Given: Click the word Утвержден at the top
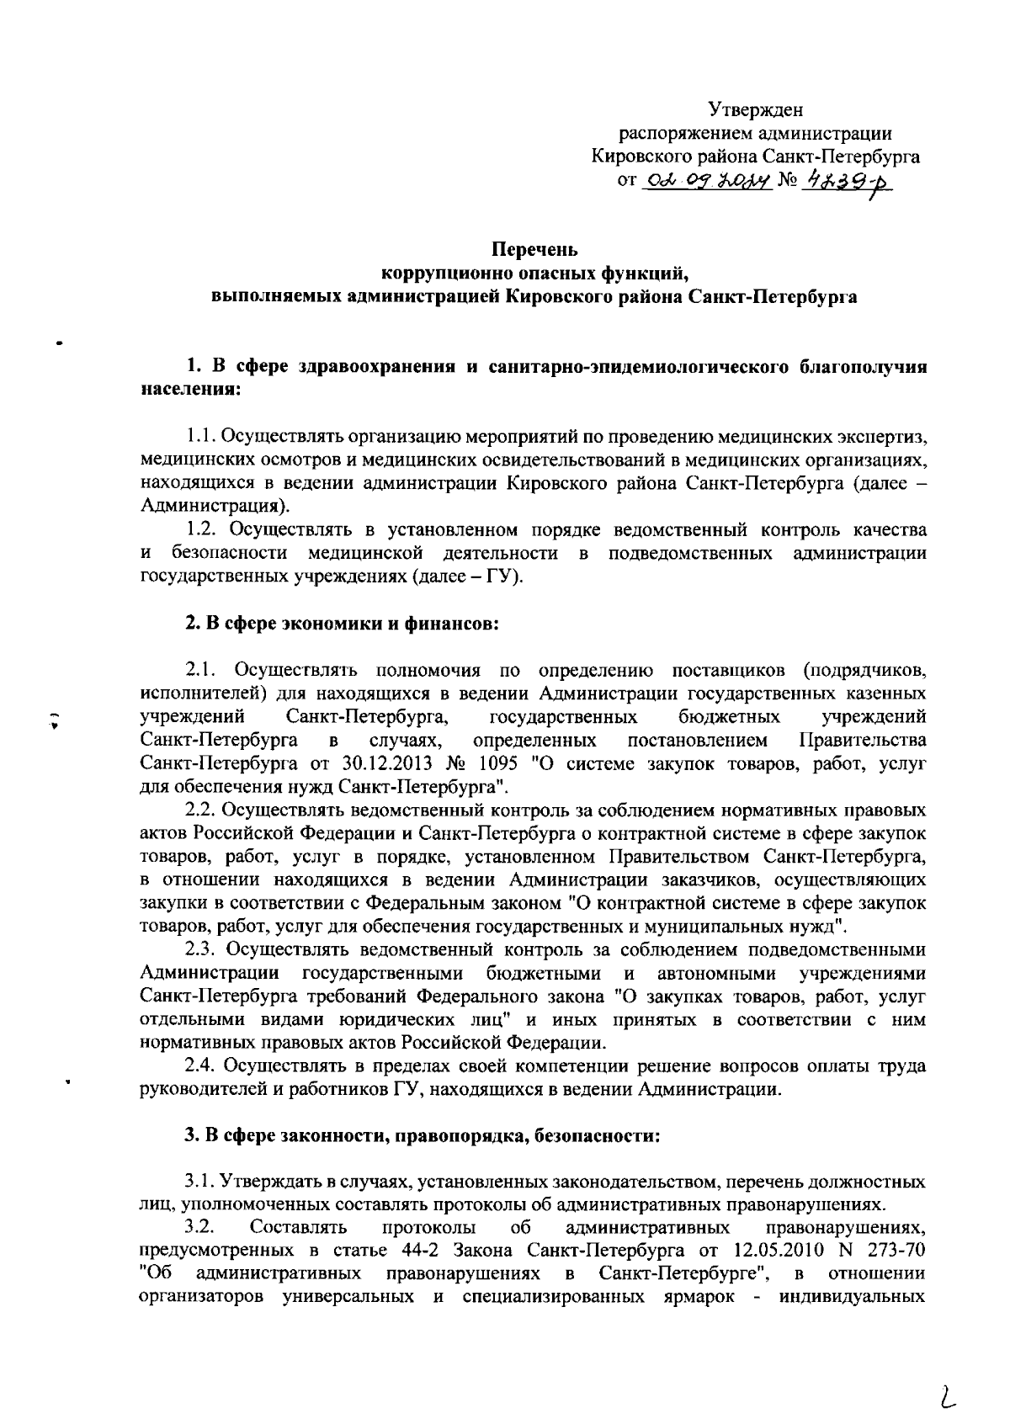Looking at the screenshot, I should [x=755, y=109].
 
